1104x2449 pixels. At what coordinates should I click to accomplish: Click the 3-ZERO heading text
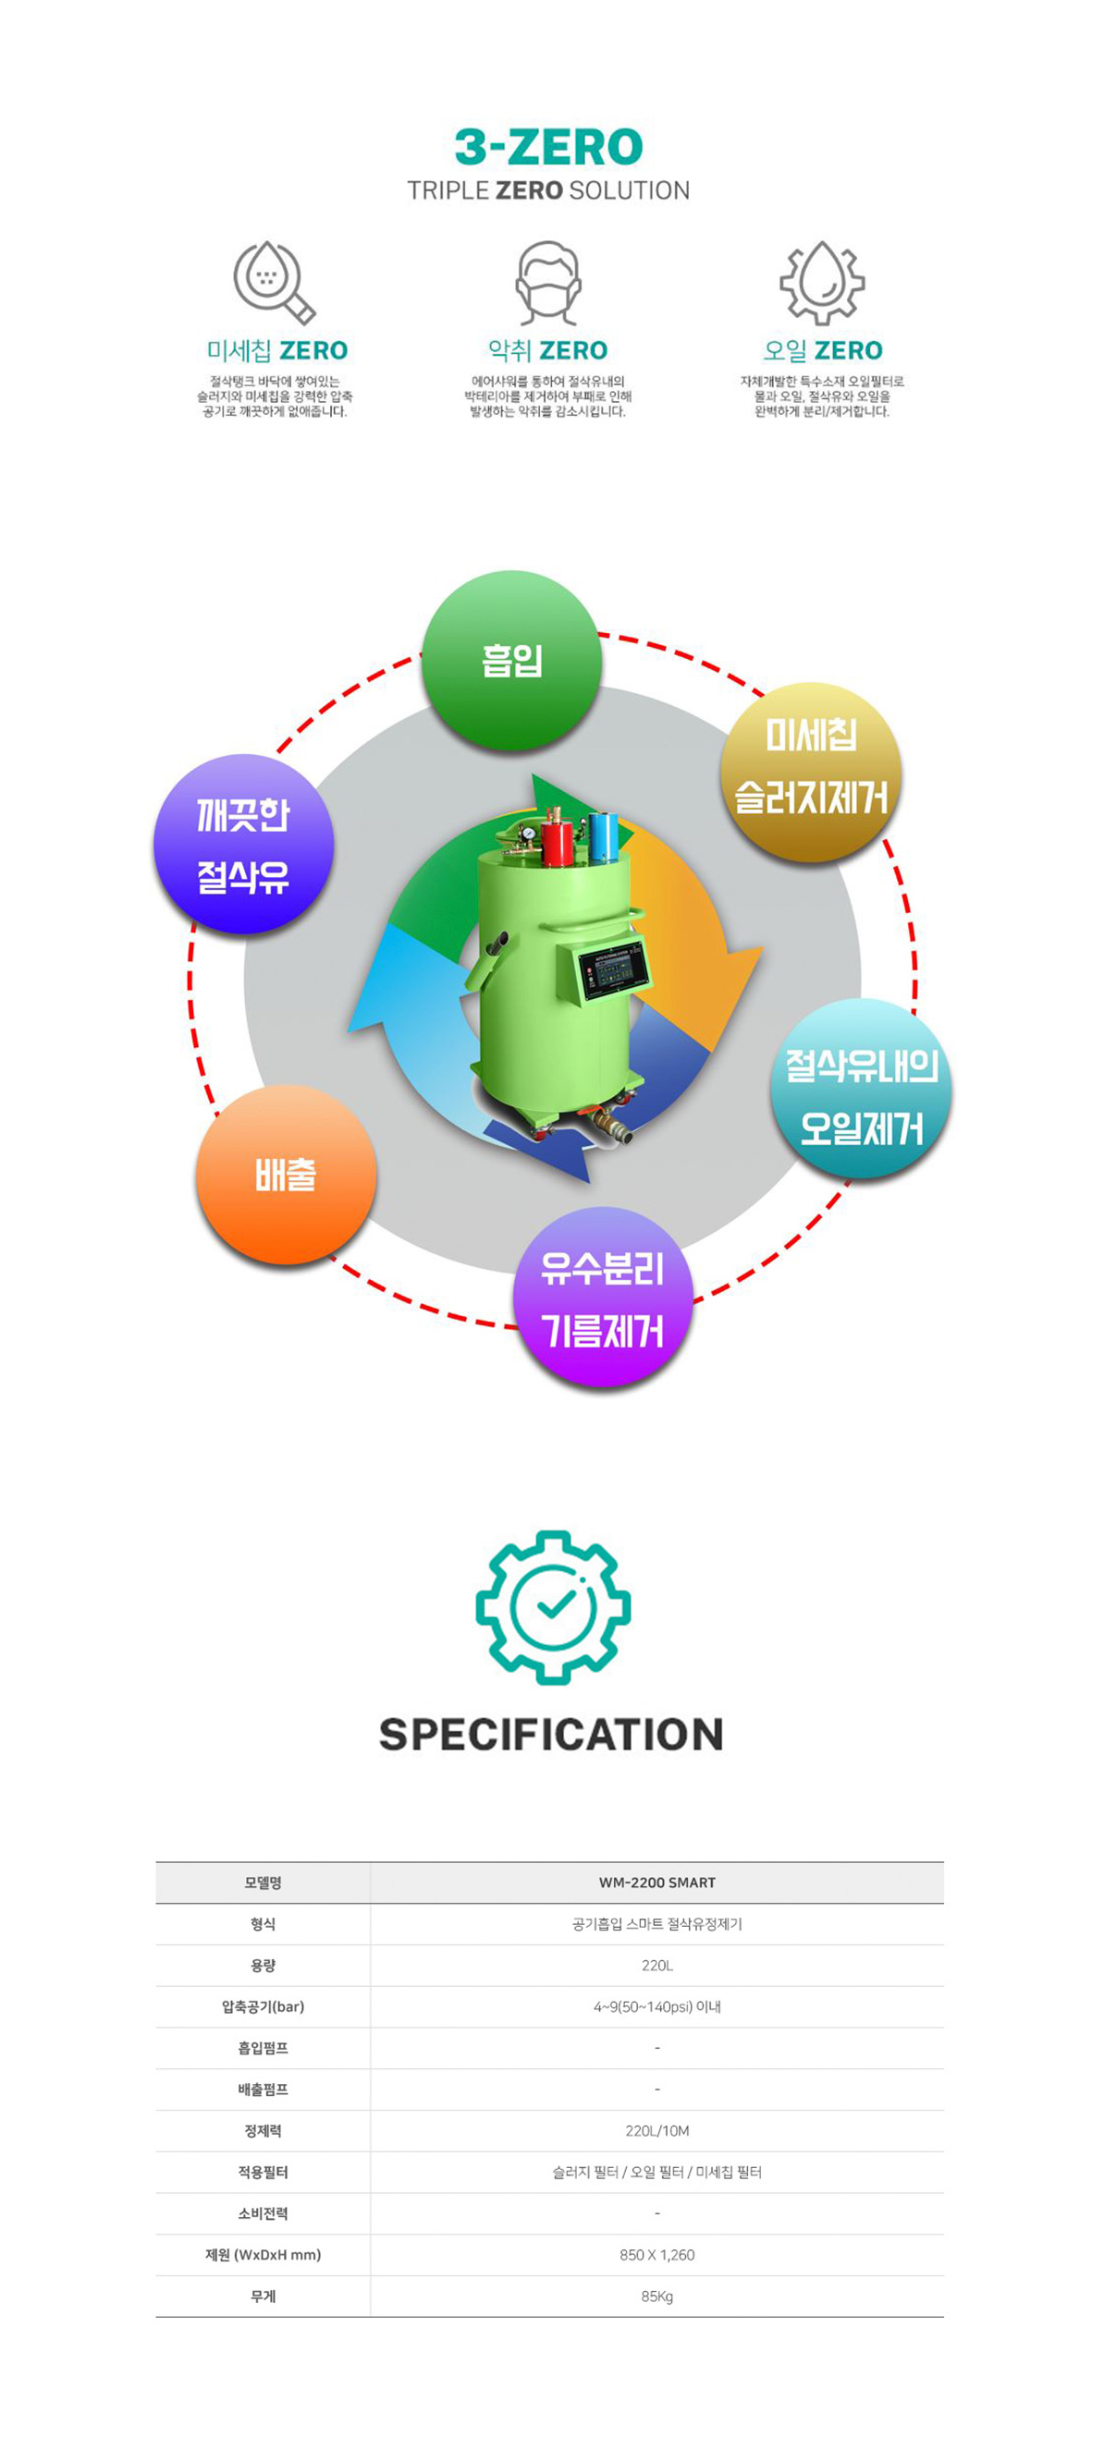coord(548,147)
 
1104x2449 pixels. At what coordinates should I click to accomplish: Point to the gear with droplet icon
coord(822,282)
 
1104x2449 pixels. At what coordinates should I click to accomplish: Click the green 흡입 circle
coord(511,661)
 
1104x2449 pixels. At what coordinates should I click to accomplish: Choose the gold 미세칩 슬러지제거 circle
coord(810,771)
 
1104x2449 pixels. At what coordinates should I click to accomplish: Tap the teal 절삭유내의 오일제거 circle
coord(861,1090)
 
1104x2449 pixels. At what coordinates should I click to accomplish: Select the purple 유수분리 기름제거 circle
coord(602,1298)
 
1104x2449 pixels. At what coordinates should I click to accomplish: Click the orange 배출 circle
coord(286,1176)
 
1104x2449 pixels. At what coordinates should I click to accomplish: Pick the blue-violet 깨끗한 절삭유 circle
coord(243,845)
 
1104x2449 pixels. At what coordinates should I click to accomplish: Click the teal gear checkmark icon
coord(553,1608)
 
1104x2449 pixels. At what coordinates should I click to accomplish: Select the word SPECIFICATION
coord(550,1734)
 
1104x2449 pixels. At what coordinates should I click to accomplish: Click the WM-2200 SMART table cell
coord(656,1882)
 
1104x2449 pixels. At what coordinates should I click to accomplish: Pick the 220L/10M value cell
coord(656,2130)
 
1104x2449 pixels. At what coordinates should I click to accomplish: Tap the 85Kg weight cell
coord(656,2296)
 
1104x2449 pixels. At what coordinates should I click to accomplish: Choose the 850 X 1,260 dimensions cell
coord(656,2254)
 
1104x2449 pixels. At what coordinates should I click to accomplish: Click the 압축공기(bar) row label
coord(263,2006)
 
